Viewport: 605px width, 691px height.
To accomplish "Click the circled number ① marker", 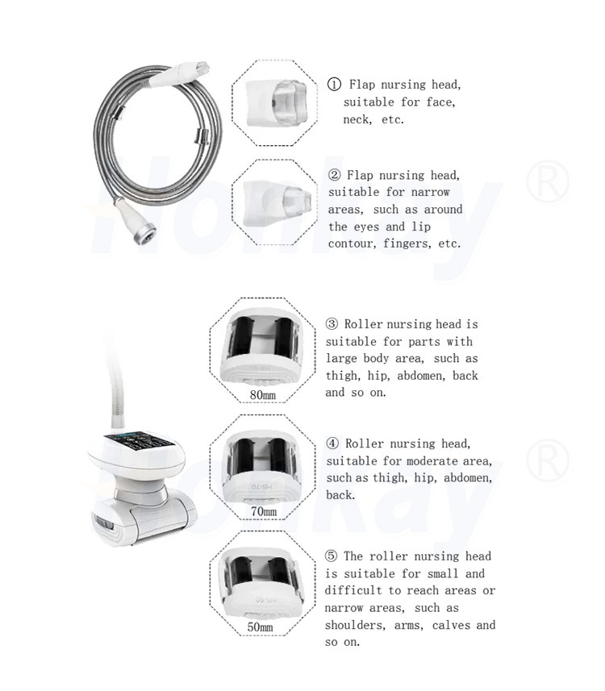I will click(x=334, y=85).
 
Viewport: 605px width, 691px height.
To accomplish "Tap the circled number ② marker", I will click(x=335, y=175).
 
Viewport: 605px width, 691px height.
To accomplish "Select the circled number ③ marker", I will click(x=332, y=324).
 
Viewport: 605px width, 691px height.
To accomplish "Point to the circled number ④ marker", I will click(x=332, y=443).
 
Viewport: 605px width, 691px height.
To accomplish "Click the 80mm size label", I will click(x=263, y=395).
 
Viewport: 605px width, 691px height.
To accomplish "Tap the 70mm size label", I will click(x=263, y=511).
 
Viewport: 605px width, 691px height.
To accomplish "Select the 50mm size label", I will click(x=260, y=626).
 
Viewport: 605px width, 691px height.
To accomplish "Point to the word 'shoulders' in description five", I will click(x=356, y=625).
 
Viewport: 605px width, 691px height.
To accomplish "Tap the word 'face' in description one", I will click(x=439, y=102).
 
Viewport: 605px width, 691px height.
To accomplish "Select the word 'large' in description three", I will click(x=342, y=359).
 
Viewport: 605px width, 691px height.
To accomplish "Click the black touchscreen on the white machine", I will click(x=135, y=443).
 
